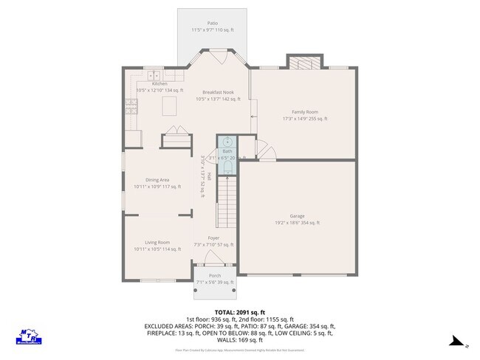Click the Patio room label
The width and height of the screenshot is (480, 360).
213,27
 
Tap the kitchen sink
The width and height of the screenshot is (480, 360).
154,76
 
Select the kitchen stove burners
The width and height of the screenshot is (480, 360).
131,108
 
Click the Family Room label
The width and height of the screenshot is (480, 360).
304,114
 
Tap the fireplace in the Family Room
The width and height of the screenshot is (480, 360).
304,62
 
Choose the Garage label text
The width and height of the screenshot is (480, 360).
297,219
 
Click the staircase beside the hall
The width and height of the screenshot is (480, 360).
226,205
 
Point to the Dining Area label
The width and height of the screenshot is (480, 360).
157,184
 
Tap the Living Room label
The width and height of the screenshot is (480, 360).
157,246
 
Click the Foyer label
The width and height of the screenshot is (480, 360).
213,241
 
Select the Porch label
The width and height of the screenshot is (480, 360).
214,279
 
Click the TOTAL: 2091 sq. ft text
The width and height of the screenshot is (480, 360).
239,311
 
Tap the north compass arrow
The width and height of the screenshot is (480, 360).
457,342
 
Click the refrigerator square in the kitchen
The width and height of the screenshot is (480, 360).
134,138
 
